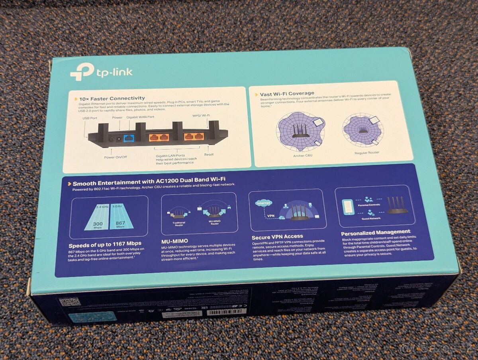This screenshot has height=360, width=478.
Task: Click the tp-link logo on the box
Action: [x=101, y=72]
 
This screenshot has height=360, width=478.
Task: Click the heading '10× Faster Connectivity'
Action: [x=112, y=98]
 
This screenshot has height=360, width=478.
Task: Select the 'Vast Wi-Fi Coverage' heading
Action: [x=287, y=94]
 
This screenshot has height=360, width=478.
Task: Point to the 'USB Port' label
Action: [x=90, y=118]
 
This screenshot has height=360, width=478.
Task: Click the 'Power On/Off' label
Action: [x=116, y=157]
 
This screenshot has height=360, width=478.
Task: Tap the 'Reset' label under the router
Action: [x=209, y=154]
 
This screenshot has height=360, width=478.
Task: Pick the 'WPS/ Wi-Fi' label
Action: [x=201, y=116]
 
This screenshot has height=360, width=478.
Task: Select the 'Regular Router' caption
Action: [x=367, y=153]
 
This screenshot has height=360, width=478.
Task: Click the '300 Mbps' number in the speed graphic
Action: [x=97, y=224]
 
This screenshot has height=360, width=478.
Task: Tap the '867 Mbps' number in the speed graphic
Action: [x=120, y=223]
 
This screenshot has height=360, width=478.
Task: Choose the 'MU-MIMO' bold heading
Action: [x=174, y=241]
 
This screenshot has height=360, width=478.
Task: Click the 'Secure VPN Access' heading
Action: [x=277, y=236]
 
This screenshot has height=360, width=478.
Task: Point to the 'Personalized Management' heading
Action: [x=375, y=232]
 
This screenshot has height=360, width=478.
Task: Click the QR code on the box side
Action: [x=70, y=302]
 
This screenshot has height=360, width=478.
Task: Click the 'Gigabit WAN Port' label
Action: [x=140, y=117]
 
